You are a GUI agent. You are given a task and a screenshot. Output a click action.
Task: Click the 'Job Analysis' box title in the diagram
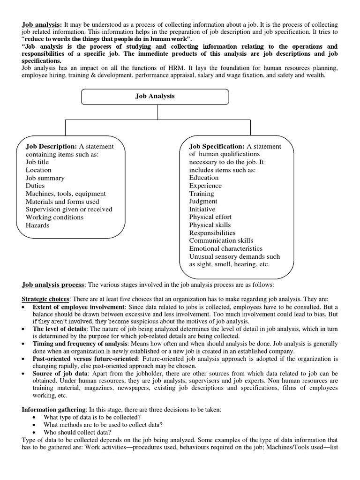coord(155,96)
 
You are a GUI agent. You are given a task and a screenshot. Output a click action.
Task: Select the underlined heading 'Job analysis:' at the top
coord(42,24)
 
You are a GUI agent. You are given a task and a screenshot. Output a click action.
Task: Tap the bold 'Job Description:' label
coord(51,146)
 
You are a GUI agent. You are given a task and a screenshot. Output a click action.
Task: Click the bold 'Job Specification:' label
coord(217,146)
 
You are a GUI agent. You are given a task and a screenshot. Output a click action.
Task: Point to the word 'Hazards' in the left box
coord(37,225)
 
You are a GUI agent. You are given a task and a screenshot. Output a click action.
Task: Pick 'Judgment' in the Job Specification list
coord(203,201)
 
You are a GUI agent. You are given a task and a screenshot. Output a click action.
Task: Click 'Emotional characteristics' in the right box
coord(226,248)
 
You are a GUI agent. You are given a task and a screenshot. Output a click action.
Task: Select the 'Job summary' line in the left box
coord(45,178)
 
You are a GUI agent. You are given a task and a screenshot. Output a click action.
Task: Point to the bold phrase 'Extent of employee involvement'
coord(79,307)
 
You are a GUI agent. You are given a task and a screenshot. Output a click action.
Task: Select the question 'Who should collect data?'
coord(77,432)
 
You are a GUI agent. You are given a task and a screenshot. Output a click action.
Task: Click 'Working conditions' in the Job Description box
coord(54,217)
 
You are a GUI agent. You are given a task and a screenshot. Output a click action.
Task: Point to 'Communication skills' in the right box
coord(221,240)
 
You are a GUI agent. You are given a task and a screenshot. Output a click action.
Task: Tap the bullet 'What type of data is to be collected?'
coord(92,417)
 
